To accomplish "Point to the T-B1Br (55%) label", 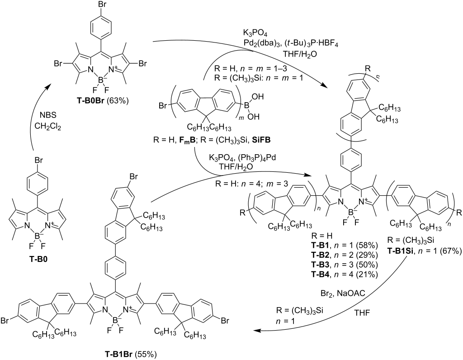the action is pos(131,354).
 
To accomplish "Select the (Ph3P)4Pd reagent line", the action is pos(242,157).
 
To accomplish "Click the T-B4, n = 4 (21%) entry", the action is pos(344,275).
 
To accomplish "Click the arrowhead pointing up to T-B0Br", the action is pos(48,86).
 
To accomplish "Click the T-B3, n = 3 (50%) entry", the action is pos(344,265).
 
